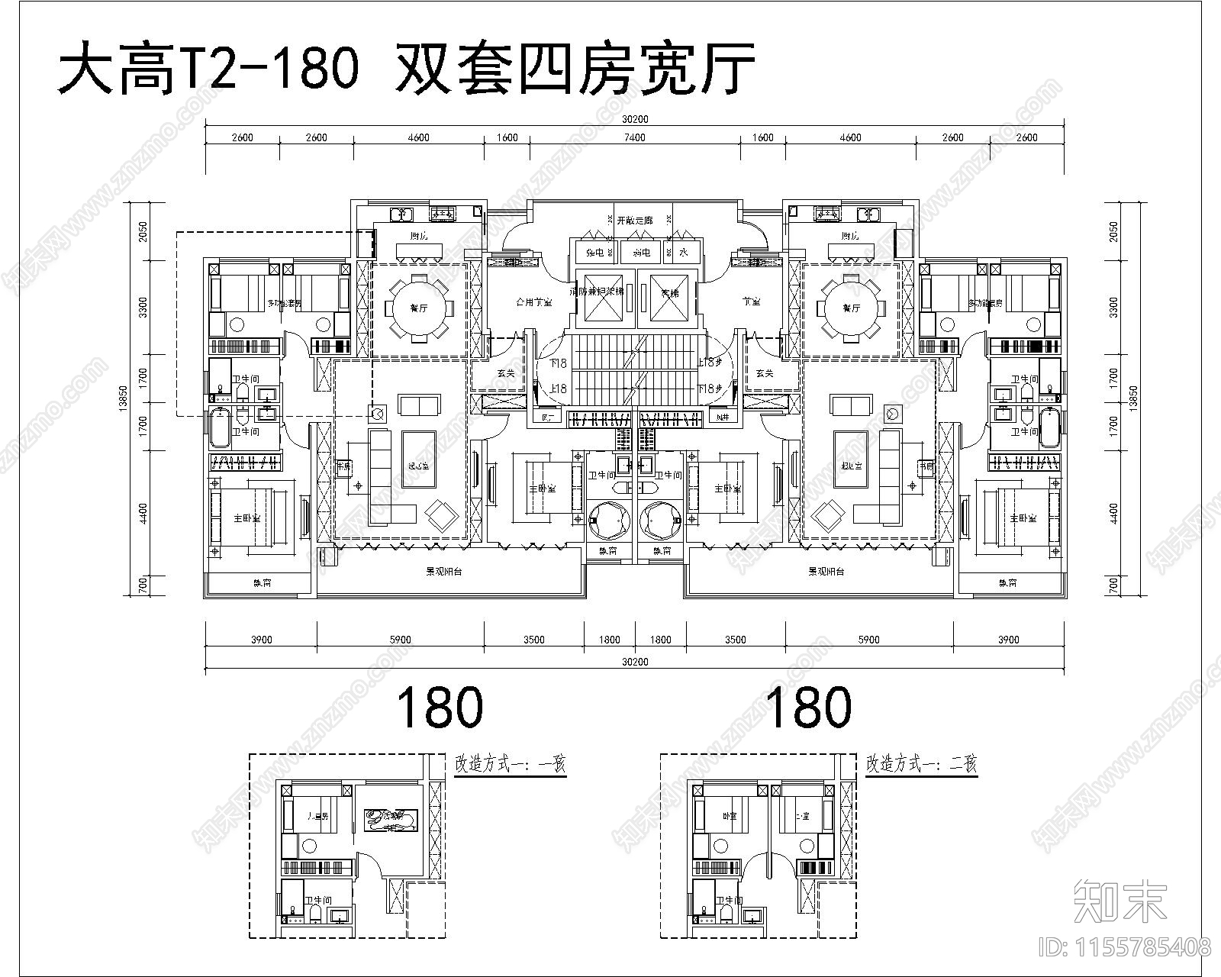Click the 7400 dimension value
(x=635, y=138)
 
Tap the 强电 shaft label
(x=596, y=252)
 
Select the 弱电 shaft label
(x=642, y=252)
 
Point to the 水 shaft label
(x=684, y=252)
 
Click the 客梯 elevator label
(x=670, y=292)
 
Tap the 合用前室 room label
(x=534, y=302)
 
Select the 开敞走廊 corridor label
(x=635, y=220)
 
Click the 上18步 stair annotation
(x=710, y=363)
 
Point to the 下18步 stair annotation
(x=710, y=389)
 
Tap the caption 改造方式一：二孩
(x=921, y=764)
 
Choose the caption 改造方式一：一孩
(x=510, y=764)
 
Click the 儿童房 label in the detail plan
(x=317, y=816)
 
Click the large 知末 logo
(x=1120, y=901)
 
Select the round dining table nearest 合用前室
(x=417, y=308)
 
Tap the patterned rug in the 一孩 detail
(x=390, y=821)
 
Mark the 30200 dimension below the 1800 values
(x=635, y=663)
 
